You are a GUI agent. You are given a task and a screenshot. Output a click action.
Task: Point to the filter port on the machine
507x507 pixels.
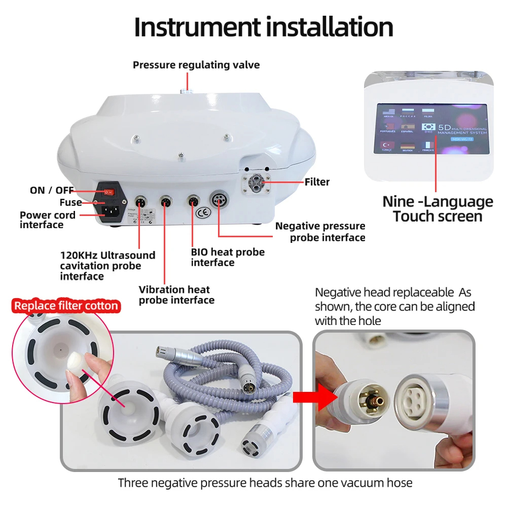click(257, 182)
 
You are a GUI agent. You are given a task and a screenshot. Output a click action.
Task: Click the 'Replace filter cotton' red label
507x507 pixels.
click(66, 306)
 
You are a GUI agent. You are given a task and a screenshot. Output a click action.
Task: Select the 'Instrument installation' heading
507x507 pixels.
click(264, 27)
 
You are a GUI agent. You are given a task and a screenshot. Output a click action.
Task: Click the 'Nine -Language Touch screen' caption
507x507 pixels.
click(438, 209)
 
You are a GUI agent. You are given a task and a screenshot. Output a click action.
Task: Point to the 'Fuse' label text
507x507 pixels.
click(70, 202)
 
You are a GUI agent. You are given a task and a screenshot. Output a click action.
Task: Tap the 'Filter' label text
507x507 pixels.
click(317, 182)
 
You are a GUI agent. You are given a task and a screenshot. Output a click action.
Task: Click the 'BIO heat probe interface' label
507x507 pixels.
click(228, 257)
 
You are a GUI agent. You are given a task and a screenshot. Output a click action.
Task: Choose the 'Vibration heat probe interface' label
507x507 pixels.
click(176, 295)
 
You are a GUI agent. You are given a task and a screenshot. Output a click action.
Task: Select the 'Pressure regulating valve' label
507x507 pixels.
click(196, 65)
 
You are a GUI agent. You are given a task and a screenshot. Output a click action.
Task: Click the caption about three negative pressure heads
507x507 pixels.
click(265, 483)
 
